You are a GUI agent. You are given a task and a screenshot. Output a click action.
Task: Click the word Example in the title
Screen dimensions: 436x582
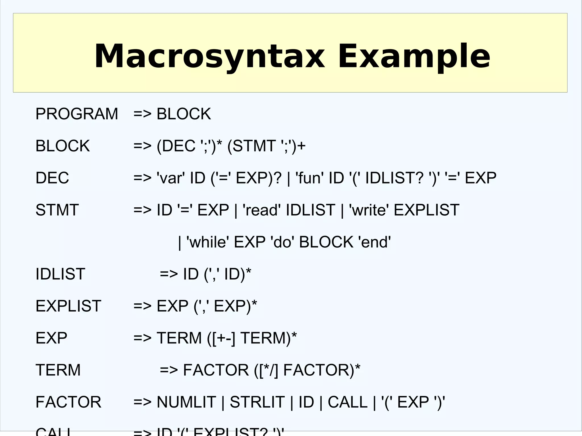pos(414,56)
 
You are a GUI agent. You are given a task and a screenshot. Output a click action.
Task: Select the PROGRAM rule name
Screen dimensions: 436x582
pos(76,114)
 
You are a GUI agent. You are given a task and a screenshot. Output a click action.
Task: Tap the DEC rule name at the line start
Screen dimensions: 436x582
pos(52,178)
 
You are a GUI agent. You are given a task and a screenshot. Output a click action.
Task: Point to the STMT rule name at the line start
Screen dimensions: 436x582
pos(57,210)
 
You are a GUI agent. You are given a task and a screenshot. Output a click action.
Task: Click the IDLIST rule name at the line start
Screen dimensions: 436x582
pos(60,274)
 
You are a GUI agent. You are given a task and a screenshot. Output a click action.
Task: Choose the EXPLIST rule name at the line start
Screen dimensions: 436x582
pos(68,306)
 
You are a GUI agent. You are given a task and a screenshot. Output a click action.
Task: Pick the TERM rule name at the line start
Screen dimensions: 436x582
pos(58,370)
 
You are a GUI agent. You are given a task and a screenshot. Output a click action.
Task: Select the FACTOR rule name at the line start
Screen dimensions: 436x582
pos(68,402)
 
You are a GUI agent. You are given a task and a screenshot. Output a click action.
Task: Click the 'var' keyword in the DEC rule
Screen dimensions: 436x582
pos(171,178)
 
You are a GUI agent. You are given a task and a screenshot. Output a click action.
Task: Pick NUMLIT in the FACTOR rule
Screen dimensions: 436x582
pos(186,402)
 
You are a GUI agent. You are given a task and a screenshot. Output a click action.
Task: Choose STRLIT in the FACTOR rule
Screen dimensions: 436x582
pos(257,402)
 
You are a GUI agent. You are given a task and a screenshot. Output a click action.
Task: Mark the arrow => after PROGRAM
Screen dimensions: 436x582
pos(142,114)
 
